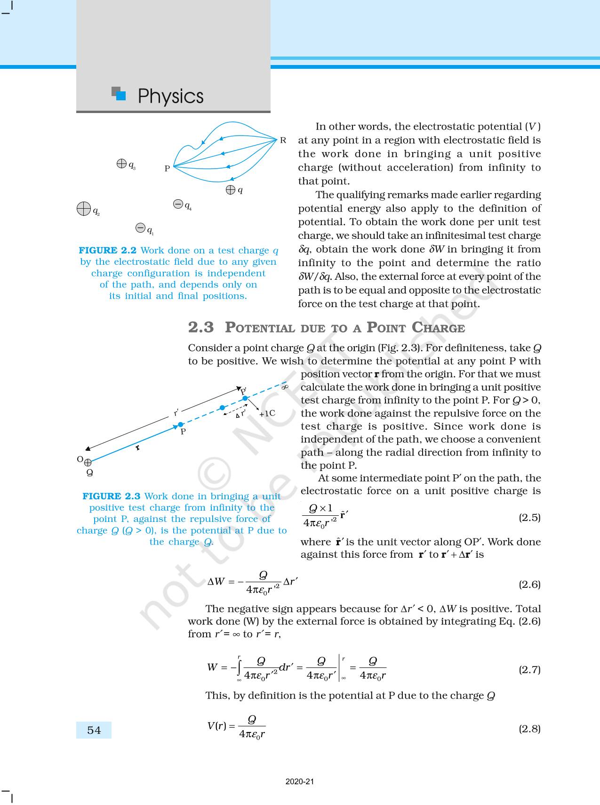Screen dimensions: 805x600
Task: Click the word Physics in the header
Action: (170, 96)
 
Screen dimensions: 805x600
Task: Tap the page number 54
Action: (94, 730)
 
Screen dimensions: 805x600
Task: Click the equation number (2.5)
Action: (529, 517)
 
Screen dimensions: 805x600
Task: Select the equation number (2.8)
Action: (529, 729)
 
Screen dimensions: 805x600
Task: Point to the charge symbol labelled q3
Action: (121, 163)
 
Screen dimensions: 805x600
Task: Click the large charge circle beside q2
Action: (84, 209)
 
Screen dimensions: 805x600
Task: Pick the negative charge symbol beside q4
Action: (178, 204)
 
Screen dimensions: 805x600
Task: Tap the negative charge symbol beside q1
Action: (140, 228)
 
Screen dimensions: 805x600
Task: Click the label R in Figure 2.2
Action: (283, 140)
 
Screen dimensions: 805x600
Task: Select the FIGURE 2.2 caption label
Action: (108, 251)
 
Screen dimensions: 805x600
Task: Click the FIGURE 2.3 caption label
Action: (112, 496)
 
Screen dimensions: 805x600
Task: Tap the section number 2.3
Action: (201, 327)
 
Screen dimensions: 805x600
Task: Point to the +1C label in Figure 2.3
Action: (267, 414)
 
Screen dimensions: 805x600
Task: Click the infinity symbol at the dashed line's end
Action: (284, 387)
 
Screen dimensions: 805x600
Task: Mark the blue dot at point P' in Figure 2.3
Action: (245, 398)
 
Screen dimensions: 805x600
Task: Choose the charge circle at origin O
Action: (88, 463)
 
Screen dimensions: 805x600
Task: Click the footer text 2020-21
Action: (300, 781)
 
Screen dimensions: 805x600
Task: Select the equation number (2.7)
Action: (529, 669)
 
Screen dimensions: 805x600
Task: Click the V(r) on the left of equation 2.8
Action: (217, 725)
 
